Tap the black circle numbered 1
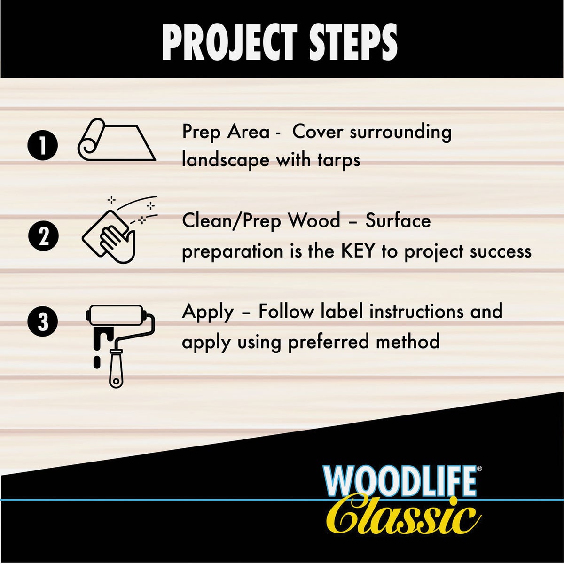click(43, 145)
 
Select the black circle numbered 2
click(43, 236)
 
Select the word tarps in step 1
click(338, 160)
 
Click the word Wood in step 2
click(314, 220)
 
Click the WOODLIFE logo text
click(399, 482)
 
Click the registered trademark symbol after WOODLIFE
click(479, 469)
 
